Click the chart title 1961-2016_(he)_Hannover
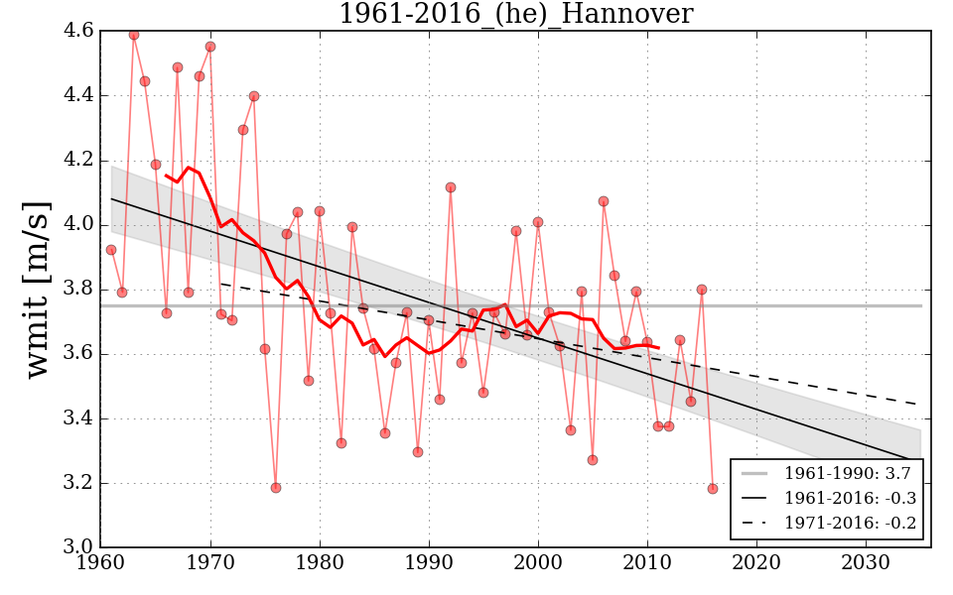click(515, 15)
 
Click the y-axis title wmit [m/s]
click(38, 289)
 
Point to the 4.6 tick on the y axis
click(80, 32)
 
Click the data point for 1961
click(111, 250)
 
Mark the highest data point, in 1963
click(134, 35)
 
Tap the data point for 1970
click(210, 47)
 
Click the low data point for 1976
click(276, 488)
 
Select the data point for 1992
click(451, 187)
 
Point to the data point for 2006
click(604, 201)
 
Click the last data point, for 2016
click(713, 489)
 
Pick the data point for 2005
click(593, 460)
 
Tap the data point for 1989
click(418, 452)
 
